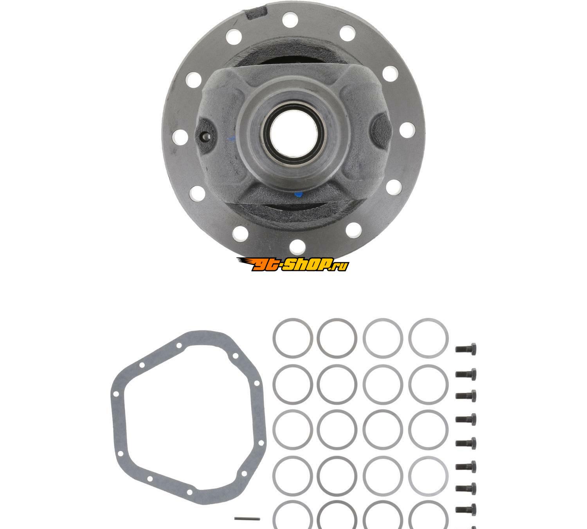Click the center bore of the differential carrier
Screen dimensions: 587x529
pos(293,134)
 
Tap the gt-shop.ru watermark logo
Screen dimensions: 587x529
pos(292,264)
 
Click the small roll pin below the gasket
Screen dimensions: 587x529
pos(247,518)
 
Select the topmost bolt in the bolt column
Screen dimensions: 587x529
pos(466,350)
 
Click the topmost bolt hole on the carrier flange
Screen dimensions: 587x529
pos(290,20)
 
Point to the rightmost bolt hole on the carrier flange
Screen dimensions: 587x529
pos(407,130)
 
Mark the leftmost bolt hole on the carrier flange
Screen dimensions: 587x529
pos(180,137)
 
